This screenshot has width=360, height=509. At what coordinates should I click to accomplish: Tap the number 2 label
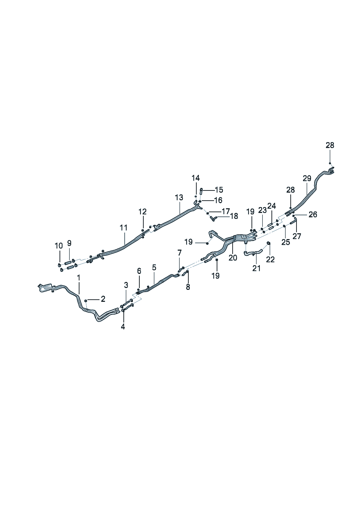(x=103, y=299)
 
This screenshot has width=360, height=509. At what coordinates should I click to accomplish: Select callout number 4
(x=123, y=327)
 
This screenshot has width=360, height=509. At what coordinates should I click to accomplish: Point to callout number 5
(x=154, y=268)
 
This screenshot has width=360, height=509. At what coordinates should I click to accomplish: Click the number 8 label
(x=188, y=287)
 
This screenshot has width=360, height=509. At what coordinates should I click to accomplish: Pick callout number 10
(x=58, y=246)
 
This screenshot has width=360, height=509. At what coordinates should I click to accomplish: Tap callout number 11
(x=124, y=228)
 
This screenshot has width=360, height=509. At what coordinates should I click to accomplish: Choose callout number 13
(x=179, y=198)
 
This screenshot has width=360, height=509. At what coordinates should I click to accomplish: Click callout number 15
(x=219, y=190)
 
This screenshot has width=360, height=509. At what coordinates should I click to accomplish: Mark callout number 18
(x=234, y=216)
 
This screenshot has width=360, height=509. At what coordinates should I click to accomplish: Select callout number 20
(x=233, y=258)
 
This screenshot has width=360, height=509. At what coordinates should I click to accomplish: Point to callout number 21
(x=257, y=268)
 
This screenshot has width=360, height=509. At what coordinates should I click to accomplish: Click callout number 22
(x=270, y=259)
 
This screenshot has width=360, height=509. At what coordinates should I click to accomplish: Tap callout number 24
(x=271, y=206)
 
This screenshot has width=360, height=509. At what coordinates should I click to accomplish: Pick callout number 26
(x=312, y=214)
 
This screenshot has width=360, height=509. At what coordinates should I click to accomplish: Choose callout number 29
(x=307, y=178)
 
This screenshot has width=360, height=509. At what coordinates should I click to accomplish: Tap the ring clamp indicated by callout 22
(x=268, y=243)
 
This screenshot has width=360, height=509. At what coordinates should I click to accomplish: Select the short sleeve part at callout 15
(x=201, y=191)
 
